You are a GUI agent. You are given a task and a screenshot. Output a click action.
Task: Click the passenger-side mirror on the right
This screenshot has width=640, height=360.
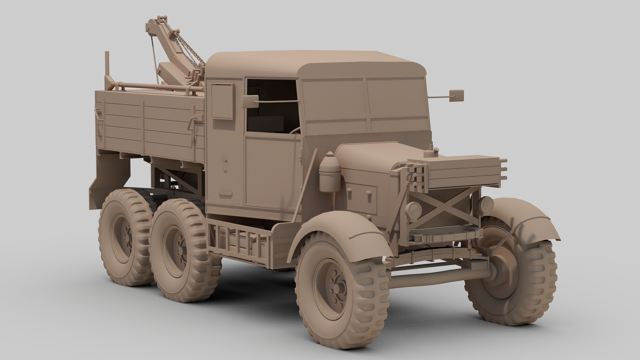(456, 96)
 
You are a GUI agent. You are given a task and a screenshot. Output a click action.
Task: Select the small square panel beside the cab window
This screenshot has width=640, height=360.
(222, 101)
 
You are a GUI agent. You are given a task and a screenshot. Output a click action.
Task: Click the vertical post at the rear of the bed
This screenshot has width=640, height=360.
(107, 67)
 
